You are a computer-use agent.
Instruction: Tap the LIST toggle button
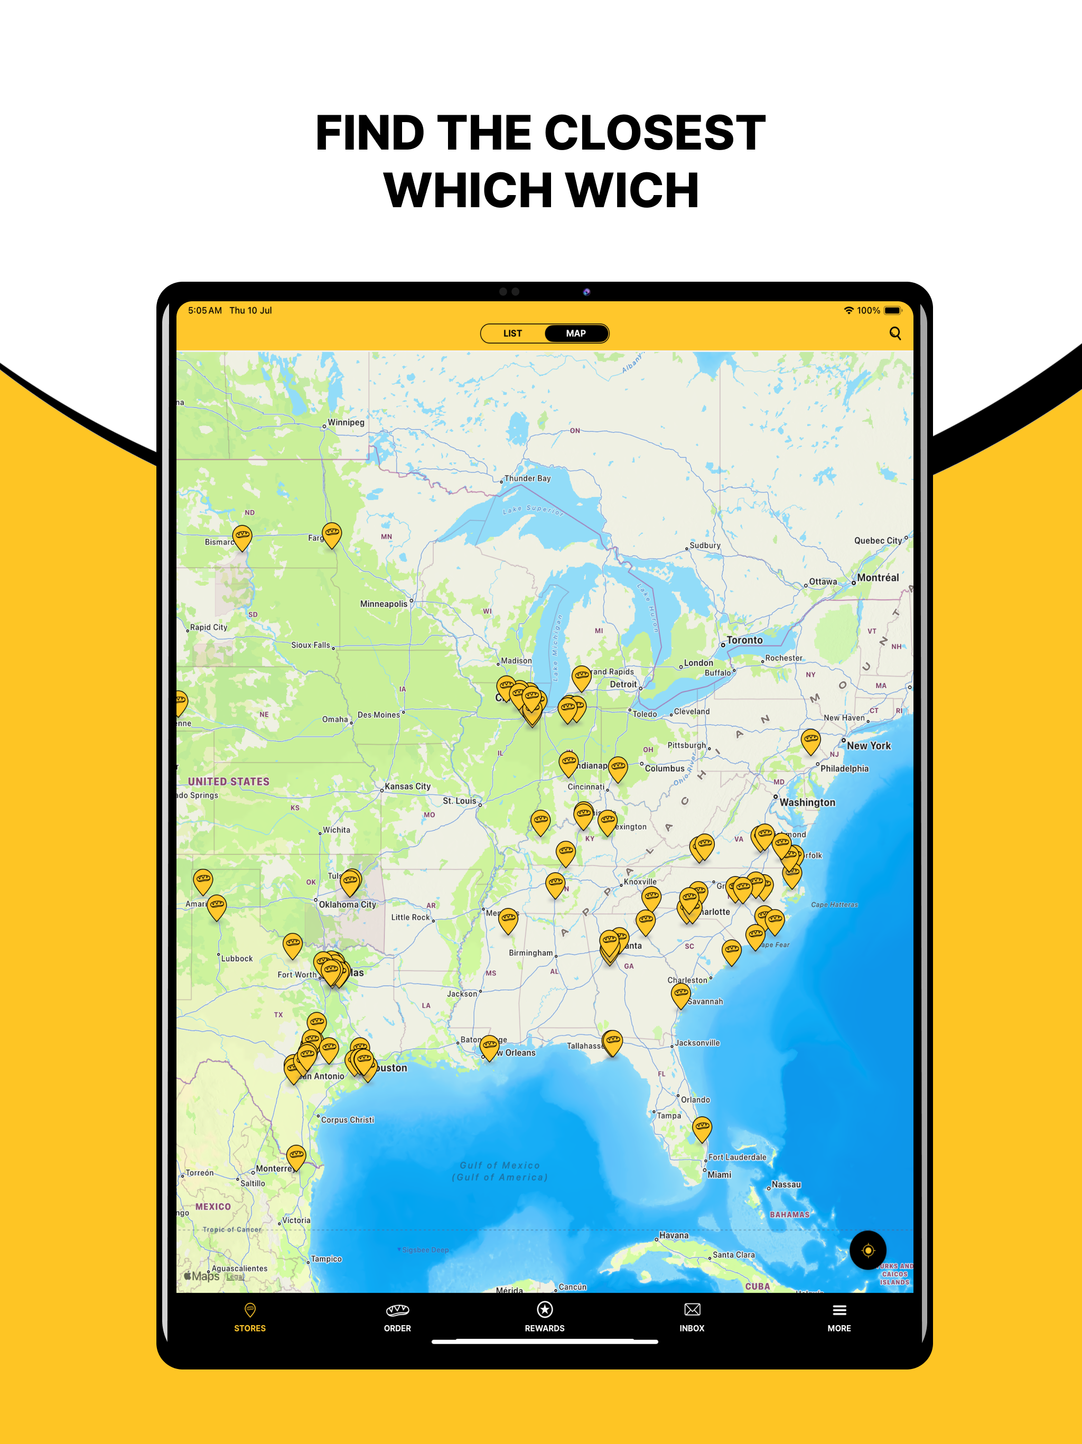tap(512, 334)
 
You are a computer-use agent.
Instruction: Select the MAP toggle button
tap(575, 334)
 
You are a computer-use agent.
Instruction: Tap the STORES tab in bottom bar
tap(250, 1317)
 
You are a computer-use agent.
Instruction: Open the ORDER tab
tap(397, 1317)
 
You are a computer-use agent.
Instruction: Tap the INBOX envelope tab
tap(692, 1317)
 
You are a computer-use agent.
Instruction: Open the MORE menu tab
tap(839, 1317)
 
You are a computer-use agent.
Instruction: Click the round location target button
tap(868, 1250)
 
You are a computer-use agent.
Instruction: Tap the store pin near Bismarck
tap(242, 536)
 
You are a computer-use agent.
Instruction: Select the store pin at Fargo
tap(331, 534)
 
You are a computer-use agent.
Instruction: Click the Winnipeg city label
tap(346, 422)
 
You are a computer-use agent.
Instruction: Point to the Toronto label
tap(744, 641)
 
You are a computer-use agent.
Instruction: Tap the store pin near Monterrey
tap(296, 1156)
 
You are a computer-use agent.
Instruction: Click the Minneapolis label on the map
tap(384, 604)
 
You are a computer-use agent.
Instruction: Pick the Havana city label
tap(674, 1235)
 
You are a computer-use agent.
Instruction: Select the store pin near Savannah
tap(680, 995)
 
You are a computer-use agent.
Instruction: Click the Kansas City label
tap(407, 786)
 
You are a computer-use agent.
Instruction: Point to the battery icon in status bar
tap(892, 311)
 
